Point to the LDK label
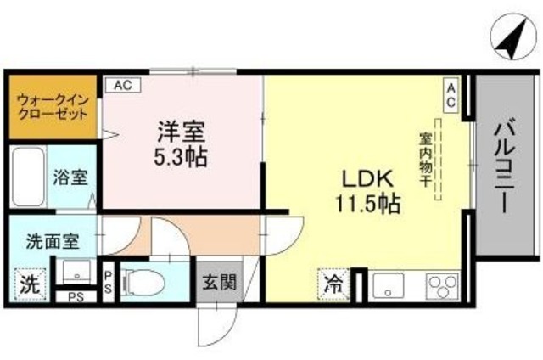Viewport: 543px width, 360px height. coord(366,179)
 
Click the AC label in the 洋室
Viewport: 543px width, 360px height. coord(121,85)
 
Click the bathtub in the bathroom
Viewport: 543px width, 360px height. coord(28,179)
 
